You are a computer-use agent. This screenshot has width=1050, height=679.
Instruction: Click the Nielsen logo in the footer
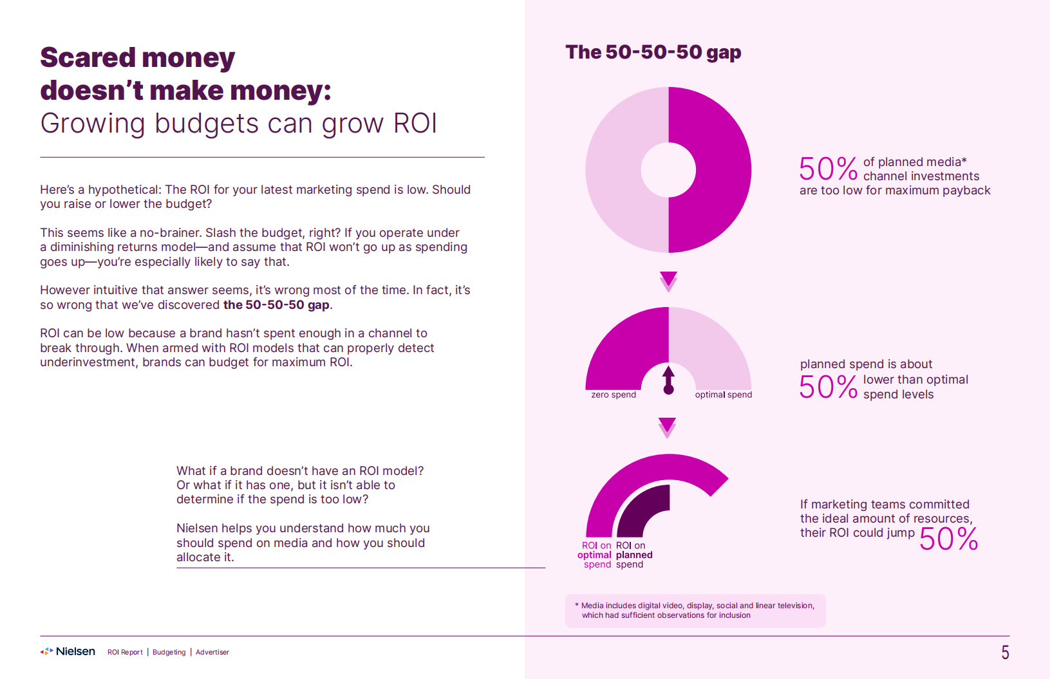68,651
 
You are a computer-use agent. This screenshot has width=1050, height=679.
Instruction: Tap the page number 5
1005,653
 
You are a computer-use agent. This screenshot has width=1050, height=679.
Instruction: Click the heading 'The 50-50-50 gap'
653,52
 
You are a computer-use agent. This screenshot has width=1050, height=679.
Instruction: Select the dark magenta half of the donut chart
715,170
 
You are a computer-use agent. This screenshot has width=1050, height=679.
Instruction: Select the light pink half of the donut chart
618,170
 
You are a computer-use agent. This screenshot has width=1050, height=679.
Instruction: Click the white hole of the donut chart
668,170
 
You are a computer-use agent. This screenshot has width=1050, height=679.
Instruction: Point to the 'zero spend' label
614,395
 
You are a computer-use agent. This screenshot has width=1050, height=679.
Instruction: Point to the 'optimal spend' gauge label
723,395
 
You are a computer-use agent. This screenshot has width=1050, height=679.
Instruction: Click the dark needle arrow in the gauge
668,380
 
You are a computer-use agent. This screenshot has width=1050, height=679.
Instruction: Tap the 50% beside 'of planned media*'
828,169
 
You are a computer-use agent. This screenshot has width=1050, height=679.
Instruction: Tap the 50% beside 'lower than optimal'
828,387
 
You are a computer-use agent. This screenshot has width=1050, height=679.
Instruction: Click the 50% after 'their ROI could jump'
948,539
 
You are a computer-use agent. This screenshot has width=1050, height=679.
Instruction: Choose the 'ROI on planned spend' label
633,555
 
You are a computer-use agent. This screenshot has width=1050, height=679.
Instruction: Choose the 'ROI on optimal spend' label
595,555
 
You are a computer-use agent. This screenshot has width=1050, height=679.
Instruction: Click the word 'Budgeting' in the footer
169,652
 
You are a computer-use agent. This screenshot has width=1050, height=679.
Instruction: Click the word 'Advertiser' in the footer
212,652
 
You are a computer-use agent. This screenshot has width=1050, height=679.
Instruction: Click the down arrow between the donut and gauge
668,280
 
